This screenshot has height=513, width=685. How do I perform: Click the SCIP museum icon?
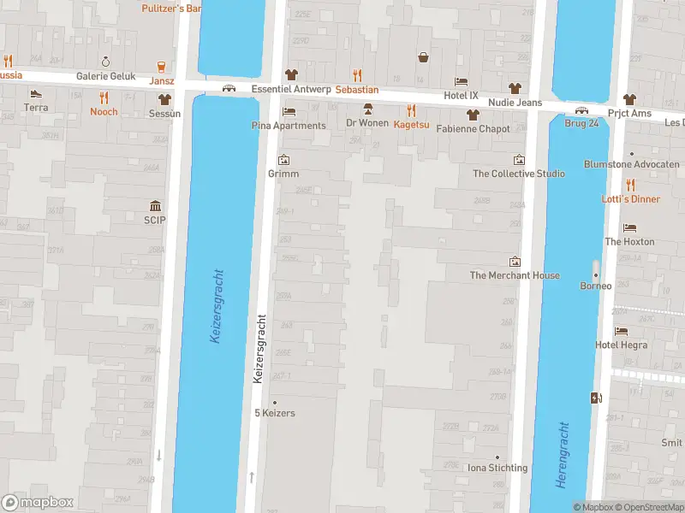point(156,205)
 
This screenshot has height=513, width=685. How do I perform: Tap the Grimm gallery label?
point(283,174)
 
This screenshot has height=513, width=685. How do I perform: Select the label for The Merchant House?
point(515,275)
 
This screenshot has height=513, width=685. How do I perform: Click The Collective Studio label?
point(519,174)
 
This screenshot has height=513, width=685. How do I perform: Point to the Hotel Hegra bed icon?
point(622,331)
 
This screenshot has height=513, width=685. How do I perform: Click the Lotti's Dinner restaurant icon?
point(630,185)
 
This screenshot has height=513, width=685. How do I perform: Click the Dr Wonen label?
point(367,123)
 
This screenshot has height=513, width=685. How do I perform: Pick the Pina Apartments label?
point(289,126)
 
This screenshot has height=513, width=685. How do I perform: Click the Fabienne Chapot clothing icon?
point(472,115)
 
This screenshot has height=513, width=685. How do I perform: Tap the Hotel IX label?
point(461,96)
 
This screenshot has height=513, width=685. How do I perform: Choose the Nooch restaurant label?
point(104,112)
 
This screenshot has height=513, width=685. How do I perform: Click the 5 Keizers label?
point(275,413)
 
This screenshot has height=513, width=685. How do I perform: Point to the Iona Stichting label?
point(497,468)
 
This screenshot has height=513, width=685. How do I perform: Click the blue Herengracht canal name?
point(562,454)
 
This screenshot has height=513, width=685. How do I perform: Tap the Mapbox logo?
point(38,503)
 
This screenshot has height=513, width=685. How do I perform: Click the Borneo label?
point(596,286)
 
